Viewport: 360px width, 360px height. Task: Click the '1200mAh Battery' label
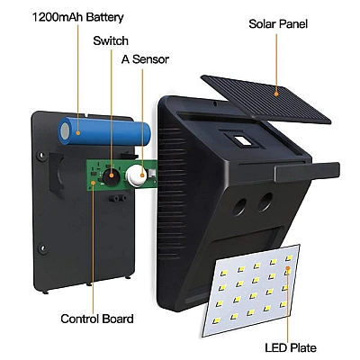click(x=77, y=17)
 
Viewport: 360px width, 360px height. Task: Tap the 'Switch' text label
click(x=111, y=40)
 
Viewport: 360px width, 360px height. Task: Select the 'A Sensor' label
click(x=145, y=59)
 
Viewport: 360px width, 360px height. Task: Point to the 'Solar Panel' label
click(x=278, y=23)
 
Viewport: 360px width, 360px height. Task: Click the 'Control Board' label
click(x=97, y=319)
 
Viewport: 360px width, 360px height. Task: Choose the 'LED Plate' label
click(x=291, y=347)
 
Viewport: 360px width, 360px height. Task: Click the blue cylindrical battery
click(x=104, y=131)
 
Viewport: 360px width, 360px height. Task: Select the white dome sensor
click(x=136, y=175)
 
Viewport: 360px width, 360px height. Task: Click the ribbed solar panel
click(x=265, y=99)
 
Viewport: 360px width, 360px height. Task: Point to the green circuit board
click(x=122, y=175)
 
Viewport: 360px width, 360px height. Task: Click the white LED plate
click(x=251, y=290)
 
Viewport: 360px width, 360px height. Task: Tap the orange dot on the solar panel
click(x=276, y=94)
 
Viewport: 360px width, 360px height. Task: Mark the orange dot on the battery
click(x=78, y=132)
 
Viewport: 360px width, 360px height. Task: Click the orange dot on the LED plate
click(x=287, y=268)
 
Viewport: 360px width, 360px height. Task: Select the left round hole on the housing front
click(x=239, y=207)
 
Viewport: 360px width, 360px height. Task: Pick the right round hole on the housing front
click(x=265, y=202)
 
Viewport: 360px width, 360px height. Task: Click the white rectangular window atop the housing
click(x=241, y=140)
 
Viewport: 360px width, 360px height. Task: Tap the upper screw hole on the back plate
click(x=41, y=156)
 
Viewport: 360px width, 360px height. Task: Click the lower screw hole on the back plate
click(x=43, y=248)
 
